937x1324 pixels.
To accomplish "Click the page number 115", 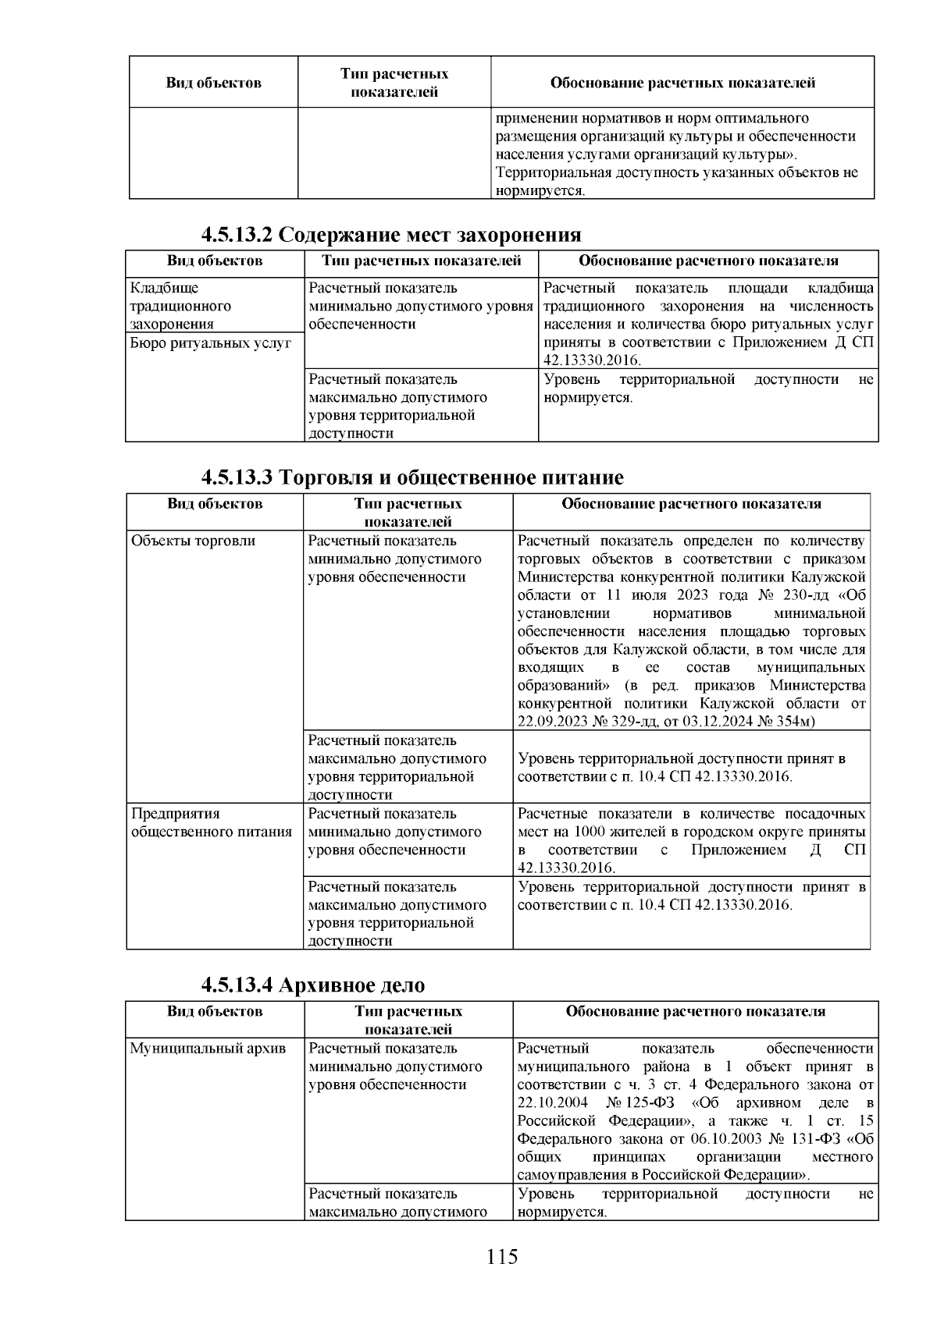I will [502, 1257].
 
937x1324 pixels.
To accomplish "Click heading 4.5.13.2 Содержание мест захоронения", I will [391, 235].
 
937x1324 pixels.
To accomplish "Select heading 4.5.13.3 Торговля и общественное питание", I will [412, 477].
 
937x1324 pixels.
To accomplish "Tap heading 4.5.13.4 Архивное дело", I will [312, 985].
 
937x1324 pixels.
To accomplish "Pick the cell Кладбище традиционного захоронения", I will [180, 306].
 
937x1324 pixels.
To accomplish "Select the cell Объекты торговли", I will [193, 541].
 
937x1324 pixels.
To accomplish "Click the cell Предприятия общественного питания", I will [212, 822].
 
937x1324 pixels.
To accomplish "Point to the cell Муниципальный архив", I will [208, 1048].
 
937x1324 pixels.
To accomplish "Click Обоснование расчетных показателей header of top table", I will [682, 83].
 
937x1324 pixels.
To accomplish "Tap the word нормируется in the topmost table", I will [539, 191].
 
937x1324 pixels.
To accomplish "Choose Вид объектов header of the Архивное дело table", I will [214, 1011].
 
